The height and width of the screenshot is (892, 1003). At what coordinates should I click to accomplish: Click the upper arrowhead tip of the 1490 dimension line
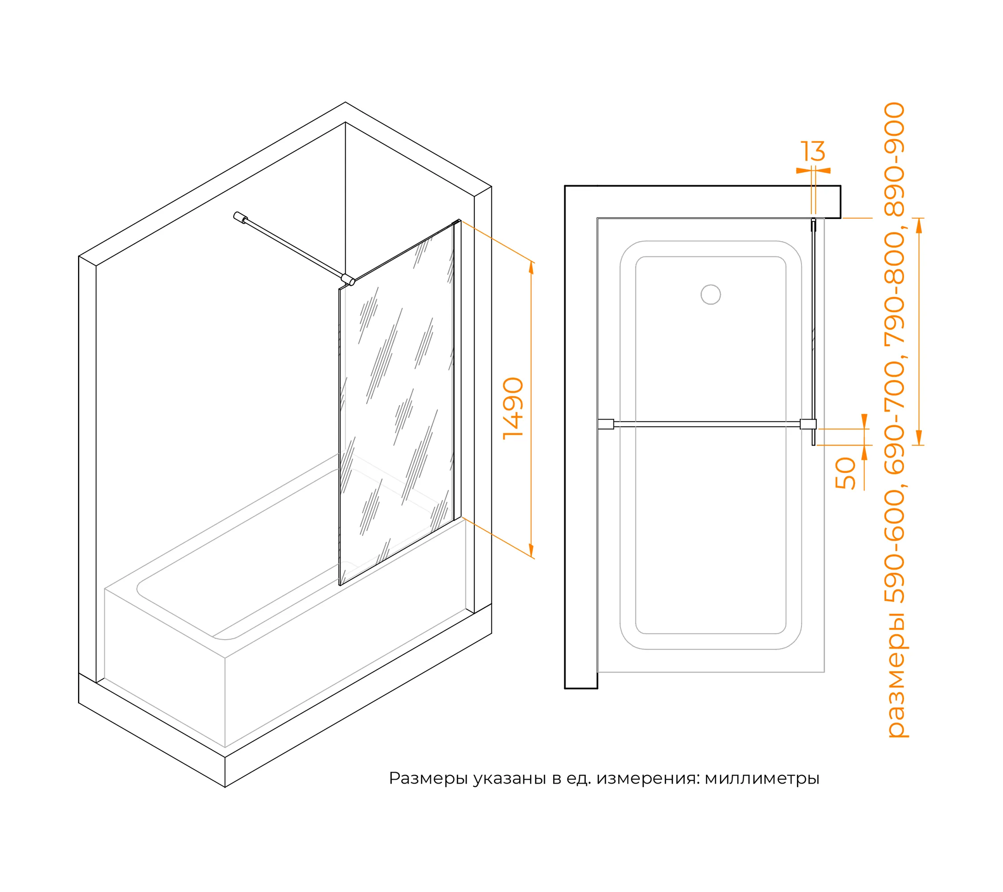(531, 261)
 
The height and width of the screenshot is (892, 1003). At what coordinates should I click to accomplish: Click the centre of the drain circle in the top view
(711, 294)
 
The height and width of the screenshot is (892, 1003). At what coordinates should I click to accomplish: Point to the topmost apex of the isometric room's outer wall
(345, 102)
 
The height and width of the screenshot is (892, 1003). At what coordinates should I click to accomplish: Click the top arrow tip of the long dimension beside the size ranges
(919, 219)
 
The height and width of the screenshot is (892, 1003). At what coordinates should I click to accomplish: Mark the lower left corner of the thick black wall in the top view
(565, 688)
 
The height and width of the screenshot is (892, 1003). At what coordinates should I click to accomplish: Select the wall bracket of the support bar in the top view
(606, 424)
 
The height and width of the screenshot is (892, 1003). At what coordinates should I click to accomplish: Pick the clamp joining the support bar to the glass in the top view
(808, 424)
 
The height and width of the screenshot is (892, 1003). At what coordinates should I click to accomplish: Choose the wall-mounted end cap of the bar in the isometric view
(240, 218)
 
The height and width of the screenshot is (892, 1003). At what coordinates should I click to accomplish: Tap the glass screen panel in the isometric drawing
(396, 403)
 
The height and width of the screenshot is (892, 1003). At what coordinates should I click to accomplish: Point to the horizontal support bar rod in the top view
(707, 424)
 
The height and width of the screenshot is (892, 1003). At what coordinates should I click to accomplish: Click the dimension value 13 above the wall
(813, 151)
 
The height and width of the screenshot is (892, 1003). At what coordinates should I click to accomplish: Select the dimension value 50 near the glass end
(846, 473)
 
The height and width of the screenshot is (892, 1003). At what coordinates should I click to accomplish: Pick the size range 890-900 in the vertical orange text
(895, 159)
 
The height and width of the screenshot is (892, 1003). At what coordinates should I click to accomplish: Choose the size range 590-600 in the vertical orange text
(895, 547)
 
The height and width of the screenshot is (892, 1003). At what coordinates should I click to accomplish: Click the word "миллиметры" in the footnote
(762, 779)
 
